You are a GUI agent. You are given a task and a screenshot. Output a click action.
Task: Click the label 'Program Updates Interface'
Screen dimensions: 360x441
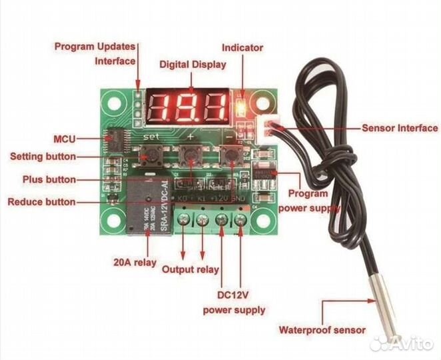95,53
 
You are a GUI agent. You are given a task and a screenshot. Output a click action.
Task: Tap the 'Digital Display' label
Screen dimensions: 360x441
193,65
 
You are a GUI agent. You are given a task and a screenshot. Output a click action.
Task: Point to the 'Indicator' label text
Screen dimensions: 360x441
242,48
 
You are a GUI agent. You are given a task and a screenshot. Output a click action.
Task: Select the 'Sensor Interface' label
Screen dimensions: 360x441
399,128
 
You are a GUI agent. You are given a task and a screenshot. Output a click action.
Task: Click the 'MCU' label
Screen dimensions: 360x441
64,139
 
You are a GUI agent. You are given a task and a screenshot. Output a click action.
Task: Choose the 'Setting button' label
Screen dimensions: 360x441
42,157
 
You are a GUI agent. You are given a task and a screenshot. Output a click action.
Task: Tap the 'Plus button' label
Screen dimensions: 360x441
49,179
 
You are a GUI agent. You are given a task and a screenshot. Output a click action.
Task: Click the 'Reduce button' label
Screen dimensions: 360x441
41,201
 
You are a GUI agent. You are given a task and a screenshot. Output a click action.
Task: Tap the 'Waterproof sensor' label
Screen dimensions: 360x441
321,329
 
